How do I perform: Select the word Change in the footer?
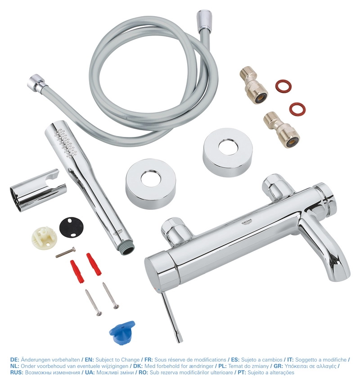tap(127, 360)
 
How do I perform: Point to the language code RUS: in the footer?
tap(16, 372)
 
